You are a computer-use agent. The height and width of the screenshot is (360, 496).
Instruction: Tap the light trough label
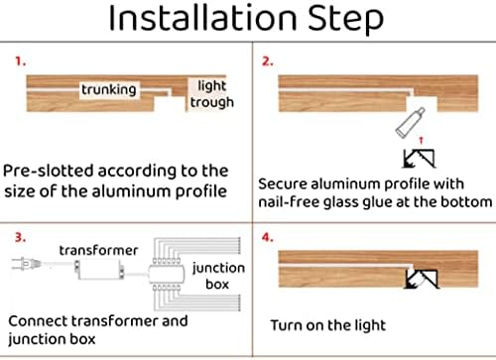211,95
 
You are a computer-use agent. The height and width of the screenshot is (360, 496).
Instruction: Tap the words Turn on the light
328,324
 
